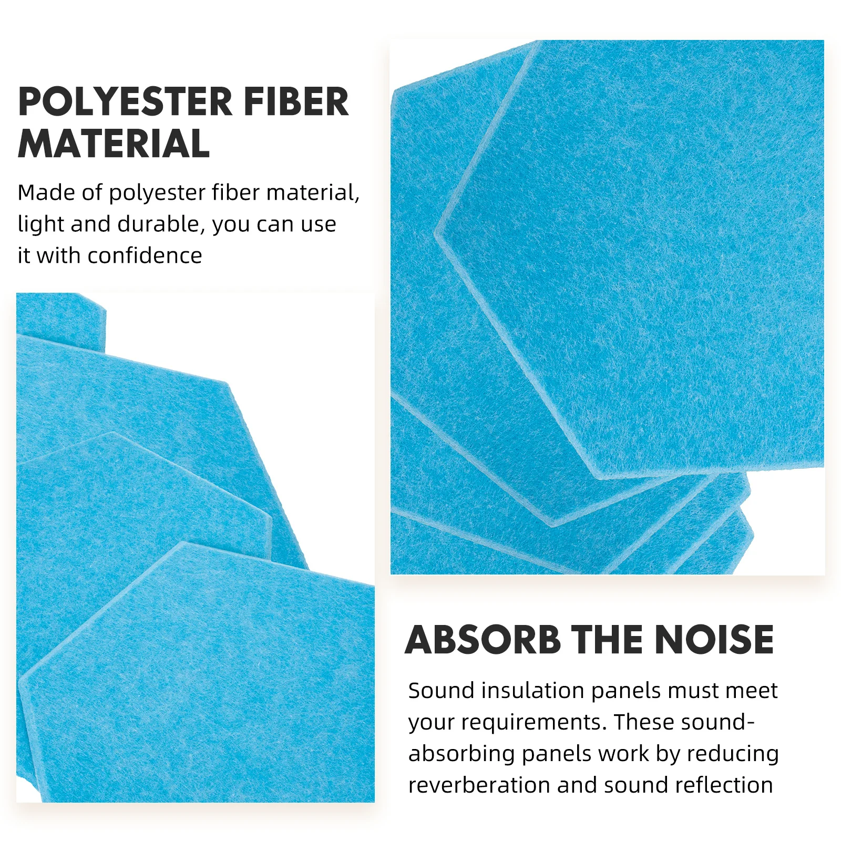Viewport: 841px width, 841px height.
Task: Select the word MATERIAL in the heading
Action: [x=114, y=144]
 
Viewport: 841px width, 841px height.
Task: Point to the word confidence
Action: [x=145, y=256]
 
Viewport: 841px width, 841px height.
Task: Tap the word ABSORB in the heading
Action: [x=483, y=640]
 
